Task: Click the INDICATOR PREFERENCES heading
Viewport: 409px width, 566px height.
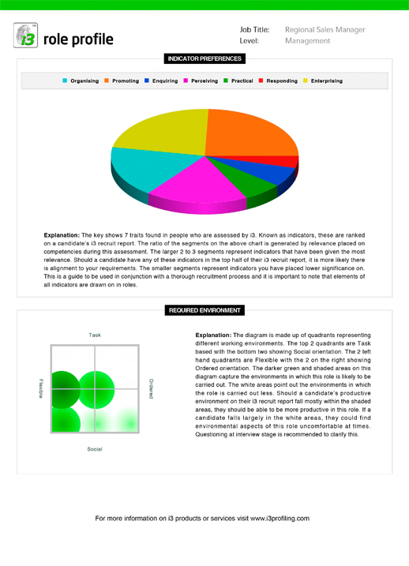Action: pos(204,58)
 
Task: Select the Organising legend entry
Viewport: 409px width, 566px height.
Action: pos(83,81)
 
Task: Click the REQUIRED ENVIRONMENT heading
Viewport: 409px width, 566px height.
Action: pos(204,310)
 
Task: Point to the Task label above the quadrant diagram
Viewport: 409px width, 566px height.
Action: pos(95,335)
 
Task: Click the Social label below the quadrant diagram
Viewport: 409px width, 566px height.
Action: pos(95,449)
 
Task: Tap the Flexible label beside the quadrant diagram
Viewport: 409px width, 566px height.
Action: pos(40,388)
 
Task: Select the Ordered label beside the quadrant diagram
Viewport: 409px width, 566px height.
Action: pos(151,388)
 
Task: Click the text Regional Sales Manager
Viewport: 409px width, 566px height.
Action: pos(325,30)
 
